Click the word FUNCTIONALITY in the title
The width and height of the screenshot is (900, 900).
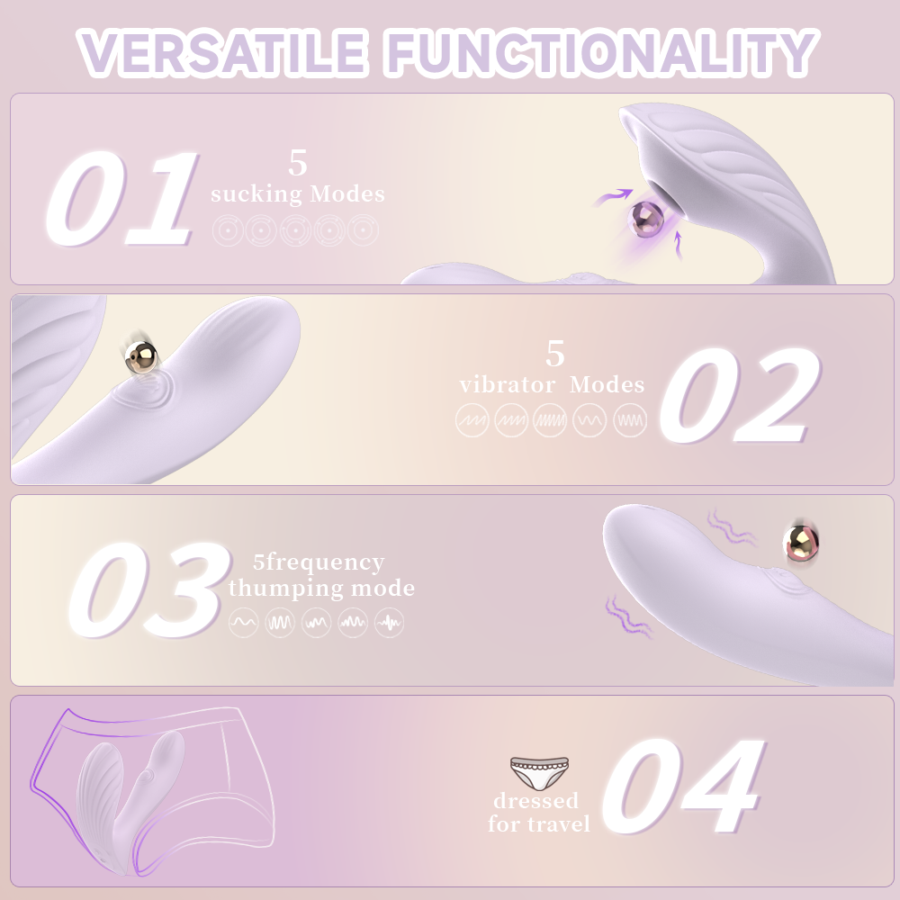click(600, 53)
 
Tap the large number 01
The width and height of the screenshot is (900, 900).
click(121, 199)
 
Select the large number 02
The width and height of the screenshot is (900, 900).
click(738, 395)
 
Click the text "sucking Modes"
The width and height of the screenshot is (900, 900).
click(297, 193)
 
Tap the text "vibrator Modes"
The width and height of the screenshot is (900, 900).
click(552, 385)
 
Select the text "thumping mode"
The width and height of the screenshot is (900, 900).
click(321, 589)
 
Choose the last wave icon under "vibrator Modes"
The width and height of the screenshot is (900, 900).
click(629, 420)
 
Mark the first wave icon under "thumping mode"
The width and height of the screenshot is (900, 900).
click(243, 622)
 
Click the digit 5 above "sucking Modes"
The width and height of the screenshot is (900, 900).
click(298, 164)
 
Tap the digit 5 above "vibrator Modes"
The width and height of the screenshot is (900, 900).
click(555, 354)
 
